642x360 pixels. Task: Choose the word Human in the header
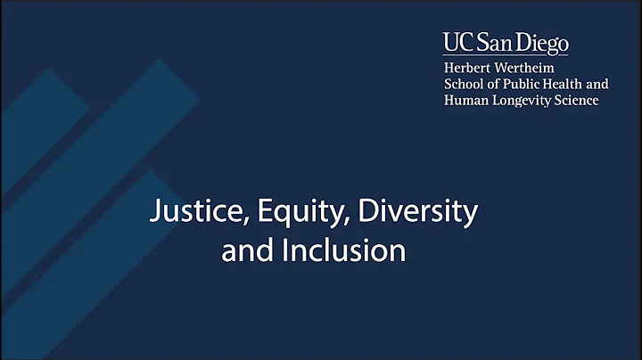[x=465, y=100]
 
